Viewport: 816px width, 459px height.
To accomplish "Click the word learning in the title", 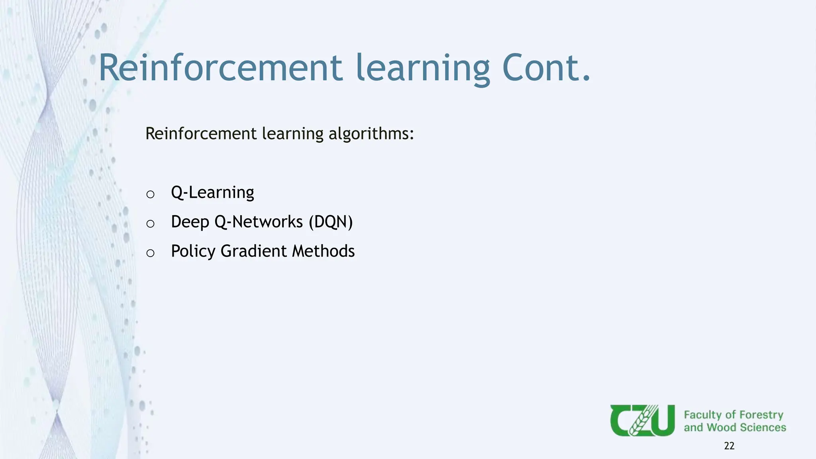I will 422,69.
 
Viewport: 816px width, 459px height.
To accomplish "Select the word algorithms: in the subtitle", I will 371,133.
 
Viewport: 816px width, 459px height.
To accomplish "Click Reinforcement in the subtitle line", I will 201,133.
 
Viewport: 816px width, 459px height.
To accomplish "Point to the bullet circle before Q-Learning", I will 150,194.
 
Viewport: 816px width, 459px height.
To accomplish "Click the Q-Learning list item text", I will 212,192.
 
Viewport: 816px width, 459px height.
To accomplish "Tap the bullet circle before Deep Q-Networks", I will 150,224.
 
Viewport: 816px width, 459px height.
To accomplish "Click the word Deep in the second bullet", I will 190,222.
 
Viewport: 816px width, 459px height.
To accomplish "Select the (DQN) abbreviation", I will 331,222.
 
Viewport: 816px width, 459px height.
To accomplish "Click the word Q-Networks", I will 259,222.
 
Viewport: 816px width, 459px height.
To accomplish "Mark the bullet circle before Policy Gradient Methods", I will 150,253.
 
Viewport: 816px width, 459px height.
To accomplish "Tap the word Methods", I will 323,251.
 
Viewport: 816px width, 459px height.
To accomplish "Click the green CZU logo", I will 642,420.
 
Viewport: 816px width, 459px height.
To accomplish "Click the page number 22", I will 729,446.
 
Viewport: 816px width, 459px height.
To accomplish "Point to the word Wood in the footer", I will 721,428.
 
